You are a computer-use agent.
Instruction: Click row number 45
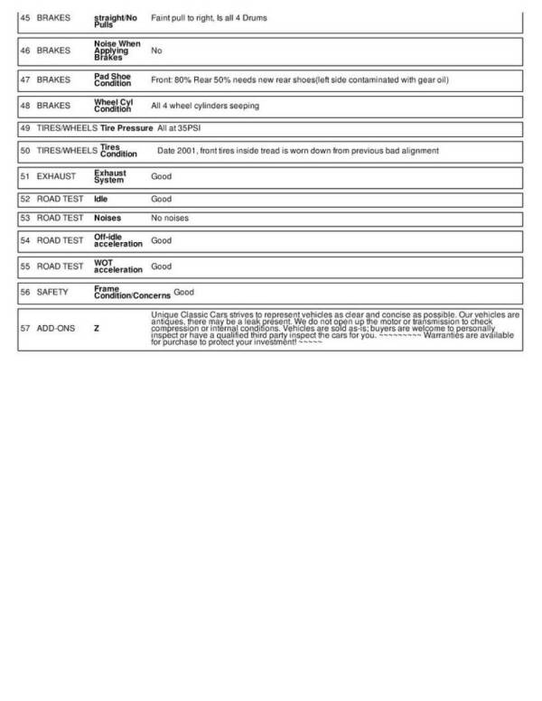[24, 18]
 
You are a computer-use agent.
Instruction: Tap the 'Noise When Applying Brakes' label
[117, 51]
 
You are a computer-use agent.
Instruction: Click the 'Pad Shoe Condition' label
[113, 80]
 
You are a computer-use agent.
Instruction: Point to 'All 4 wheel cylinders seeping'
[205, 106]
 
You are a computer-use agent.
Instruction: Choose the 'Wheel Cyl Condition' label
[113, 106]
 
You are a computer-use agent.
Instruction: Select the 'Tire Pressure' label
[126, 129]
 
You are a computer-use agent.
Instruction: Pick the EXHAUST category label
[56, 176]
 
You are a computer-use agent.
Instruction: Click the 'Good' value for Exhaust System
[161, 176]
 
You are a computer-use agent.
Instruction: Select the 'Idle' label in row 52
[101, 199]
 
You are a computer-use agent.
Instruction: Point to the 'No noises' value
[170, 218]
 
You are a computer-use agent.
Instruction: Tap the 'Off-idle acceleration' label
[118, 240]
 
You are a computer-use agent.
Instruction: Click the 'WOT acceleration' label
[118, 266]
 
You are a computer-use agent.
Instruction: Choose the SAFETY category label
[52, 293]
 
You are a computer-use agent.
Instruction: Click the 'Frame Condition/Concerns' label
[132, 293]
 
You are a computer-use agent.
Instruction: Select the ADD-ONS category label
[56, 329]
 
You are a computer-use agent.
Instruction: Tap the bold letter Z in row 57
[97, 329]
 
